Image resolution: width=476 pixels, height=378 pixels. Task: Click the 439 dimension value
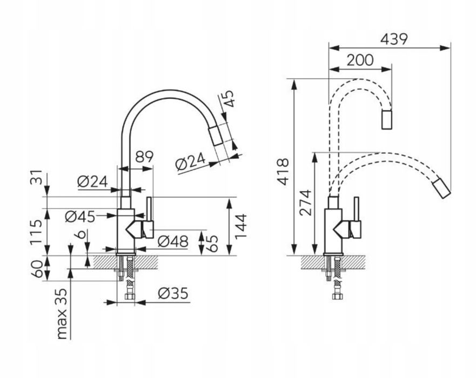tap(394, 39)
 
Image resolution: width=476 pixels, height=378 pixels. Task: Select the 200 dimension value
tap(360, 60)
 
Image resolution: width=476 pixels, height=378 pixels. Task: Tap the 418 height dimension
tap(283, 171)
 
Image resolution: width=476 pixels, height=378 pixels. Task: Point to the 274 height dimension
tap(305, 202)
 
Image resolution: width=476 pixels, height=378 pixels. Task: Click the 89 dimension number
tap(144, 157)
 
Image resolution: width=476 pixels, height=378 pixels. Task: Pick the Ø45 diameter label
tap(80, 217)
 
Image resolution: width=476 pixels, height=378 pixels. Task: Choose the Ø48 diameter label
tap(173, 241)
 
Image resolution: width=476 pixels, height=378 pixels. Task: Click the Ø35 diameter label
tap(173, 293)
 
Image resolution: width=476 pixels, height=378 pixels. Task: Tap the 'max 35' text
tap(61, 313)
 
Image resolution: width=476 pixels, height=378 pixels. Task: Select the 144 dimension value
tap(240, 227)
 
